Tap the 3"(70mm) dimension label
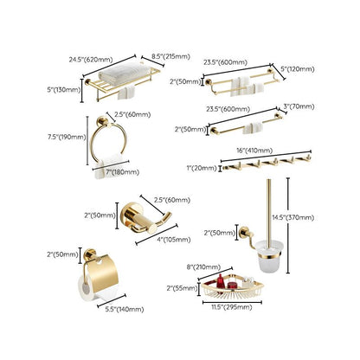(x=300, y=108)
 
